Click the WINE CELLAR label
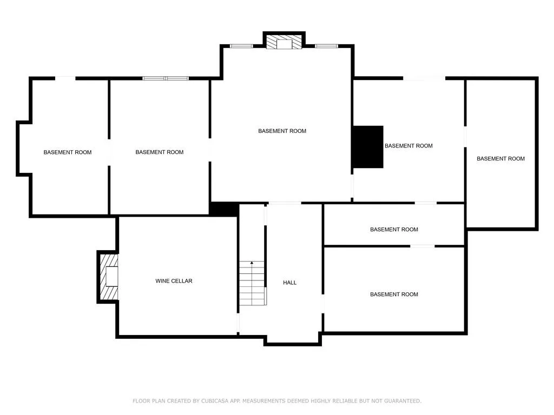pos(174,281)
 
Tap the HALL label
pos(290,283)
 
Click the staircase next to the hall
pos(252,283)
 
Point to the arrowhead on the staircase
pos(252,263)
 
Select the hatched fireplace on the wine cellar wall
pos(108,277)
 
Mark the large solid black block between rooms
pos(368,146)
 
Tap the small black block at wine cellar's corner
pos(223,209)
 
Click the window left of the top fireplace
pos(241,46)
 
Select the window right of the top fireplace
pos(327,46)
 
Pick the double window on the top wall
pos(166,78)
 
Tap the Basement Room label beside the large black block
pos(408,146)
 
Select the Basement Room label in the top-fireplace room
pos(282,131)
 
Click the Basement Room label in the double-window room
pos(159,152)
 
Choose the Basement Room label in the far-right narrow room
pos(500,159)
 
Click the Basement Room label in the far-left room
pos(68,152)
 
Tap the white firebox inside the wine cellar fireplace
pos(112,277)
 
